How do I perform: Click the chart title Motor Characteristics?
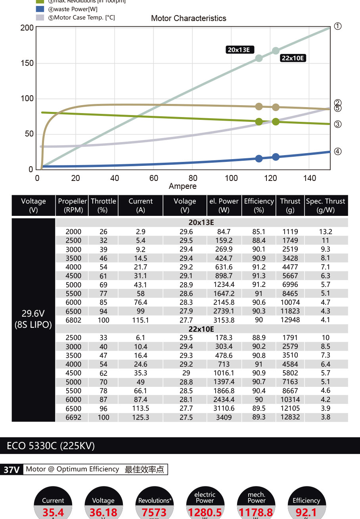(188, 18)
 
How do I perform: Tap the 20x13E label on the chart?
(239, 50)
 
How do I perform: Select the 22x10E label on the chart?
(293, 58)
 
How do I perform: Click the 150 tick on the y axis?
(27, 63)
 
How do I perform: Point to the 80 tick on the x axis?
(193, 178)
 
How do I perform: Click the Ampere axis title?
(182, 186)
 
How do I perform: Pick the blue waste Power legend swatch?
(40, 9)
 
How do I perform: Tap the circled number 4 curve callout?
(337, 151)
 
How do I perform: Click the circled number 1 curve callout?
(337, 26)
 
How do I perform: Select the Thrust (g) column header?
(290, 206)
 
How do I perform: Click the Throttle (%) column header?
(103, 206)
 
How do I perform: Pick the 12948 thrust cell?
(290, 320)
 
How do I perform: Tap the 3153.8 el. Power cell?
(224, 320)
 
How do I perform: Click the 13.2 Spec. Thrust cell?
(326, 231)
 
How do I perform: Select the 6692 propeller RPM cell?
(73, 417)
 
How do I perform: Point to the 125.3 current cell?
(140, 417)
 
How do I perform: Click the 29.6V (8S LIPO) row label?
(33, 319)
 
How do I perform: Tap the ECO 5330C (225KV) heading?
(51, 446)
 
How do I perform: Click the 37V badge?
(11, 470)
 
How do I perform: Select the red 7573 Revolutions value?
(154, 513)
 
